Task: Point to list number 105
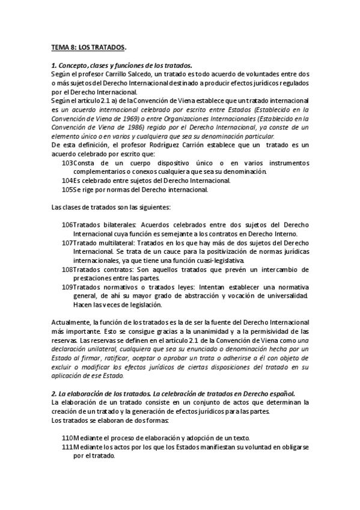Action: (67, 190)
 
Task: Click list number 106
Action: (67, 225)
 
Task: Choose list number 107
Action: (67, 243)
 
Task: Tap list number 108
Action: (67, 270)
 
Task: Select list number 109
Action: (67, 287)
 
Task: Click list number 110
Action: (67, 438)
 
